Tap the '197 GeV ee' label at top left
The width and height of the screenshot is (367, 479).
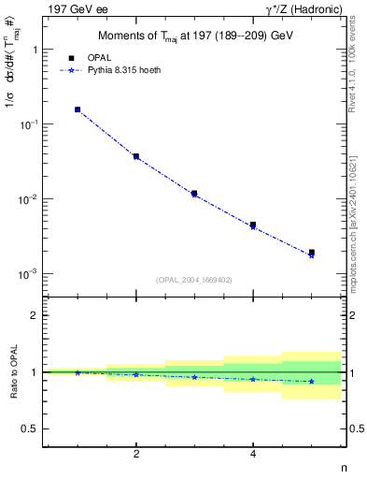pos(70,8)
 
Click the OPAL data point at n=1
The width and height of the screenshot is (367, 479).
pos(78,109)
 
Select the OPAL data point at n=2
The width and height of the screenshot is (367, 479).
pos(136,156)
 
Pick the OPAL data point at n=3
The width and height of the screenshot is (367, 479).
pos(194,194)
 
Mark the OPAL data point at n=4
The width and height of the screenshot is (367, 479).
pos(253,225)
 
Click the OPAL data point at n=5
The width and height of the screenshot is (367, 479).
pos(312,252)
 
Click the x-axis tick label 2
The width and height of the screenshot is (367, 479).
pos(136,454)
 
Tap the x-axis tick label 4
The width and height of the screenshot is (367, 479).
pos(253,454)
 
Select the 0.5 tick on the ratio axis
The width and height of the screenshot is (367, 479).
pos(31,428)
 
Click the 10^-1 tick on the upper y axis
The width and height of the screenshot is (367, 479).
pos(29,124)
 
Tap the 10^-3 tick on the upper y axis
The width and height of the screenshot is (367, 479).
pos(29,274)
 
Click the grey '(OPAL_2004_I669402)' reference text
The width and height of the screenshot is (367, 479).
pos(193,279)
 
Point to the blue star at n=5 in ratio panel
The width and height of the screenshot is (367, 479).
pos(312,381)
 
